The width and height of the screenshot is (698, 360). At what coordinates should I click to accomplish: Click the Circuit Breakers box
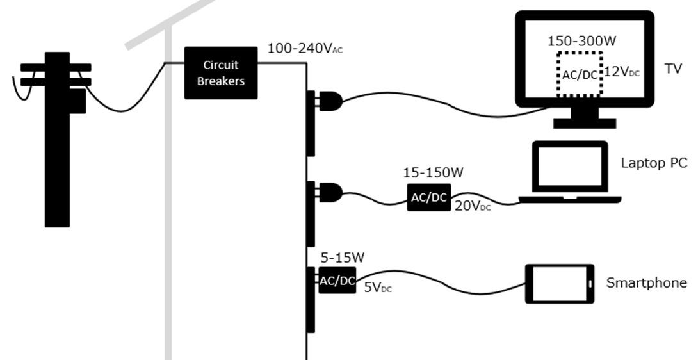(x=221, y=72)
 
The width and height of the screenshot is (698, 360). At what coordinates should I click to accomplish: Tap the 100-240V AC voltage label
(x=305, y=49)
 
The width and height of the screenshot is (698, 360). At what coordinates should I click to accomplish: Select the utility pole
(x=57, y=140)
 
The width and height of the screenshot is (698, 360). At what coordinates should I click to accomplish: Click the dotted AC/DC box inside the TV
(x=580, y=74)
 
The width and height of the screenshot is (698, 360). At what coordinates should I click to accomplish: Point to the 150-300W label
(x=582, y=41)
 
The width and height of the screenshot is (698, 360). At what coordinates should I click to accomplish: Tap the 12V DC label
(x=621, y=72)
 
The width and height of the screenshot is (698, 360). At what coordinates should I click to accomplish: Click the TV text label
(x=673, y=69)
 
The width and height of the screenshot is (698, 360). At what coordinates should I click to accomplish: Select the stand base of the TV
(x=585, y=124)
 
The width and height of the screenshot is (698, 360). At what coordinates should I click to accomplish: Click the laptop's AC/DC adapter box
(x=429, y=197)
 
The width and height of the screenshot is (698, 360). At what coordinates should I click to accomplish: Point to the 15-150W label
(x=433, y=173)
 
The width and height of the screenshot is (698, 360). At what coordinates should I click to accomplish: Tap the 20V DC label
(x=473, y=206)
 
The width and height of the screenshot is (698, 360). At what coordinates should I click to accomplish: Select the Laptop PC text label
(x=654, y=163)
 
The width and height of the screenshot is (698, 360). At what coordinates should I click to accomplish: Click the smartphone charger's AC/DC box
(x=337, y=281)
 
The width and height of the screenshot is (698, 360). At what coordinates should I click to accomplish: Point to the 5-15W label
(x=343, y=258)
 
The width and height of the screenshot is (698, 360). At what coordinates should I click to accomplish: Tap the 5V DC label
(x=378, y=288)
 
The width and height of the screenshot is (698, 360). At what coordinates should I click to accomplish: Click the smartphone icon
(x=560, y=284)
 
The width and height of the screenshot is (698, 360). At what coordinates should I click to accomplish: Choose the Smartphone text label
(x=646, y=283)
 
